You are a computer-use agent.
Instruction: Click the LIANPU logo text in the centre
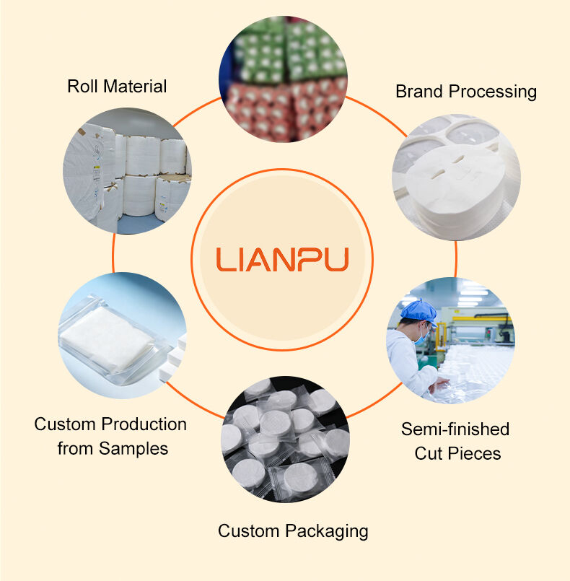pyautogui.click(x=283, y=259)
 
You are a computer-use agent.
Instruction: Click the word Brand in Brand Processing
pyautogui.click(x=418, y=92)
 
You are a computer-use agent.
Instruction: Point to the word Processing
pyautogui.click(x=492, y=92)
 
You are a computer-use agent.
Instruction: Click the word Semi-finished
pyautogui.click(x=455, y=429)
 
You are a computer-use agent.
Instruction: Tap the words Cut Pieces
pyautogui.click(x=457, y=453)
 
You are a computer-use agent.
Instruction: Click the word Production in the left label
pyautogui.click(x=144, y=424)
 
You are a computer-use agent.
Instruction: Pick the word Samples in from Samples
pyautogui.click(x=133, y=448)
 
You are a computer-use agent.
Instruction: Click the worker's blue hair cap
pyautogui.click(x=418, y=311)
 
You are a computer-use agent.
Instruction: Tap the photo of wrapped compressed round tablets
pyautogui.click(x=285, y=437)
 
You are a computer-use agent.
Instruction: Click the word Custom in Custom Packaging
pyautogui.click(x=250, y=532)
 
